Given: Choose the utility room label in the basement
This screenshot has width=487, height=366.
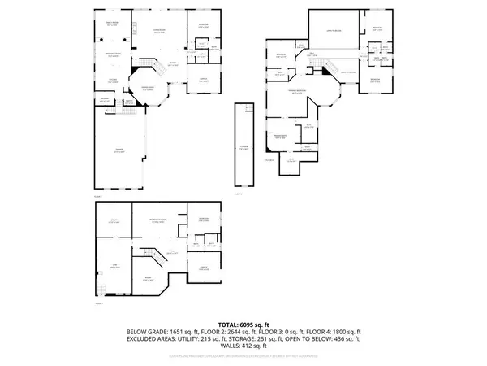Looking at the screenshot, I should [x=114, y=220].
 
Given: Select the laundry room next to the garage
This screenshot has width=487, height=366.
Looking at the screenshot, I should [x=104, y=99].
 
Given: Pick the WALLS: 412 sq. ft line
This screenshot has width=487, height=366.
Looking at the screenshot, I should [x=243, y=347].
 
